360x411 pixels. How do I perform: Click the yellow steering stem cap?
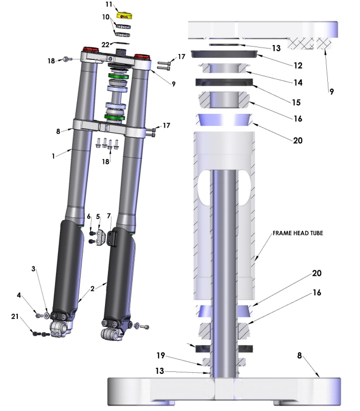[x=124, y=16]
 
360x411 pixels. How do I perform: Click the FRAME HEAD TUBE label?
[x=298, y=233]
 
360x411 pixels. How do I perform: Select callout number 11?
[x=109, y=4]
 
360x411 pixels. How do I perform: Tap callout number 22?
[x=105, y=45]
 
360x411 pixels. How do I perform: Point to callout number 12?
[x=298, y=65]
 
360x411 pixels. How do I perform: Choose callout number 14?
[x=298, y=83]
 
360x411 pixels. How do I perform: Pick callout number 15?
[x=296, y=102]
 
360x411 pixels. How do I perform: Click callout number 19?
[x=160, y=355]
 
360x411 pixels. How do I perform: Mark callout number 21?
[x=15, y=316]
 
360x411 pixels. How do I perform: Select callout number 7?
[x=109, y=216]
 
